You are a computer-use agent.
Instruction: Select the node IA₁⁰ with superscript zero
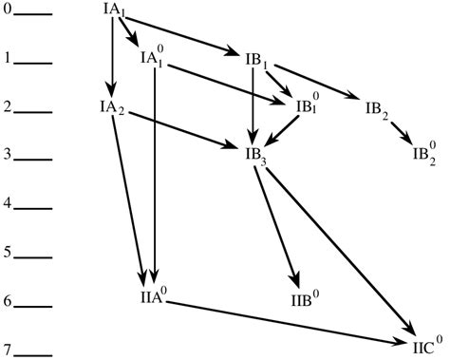155,59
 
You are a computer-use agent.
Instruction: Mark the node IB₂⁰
426,151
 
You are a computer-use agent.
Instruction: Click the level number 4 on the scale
8,204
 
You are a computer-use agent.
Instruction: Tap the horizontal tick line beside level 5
34,256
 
